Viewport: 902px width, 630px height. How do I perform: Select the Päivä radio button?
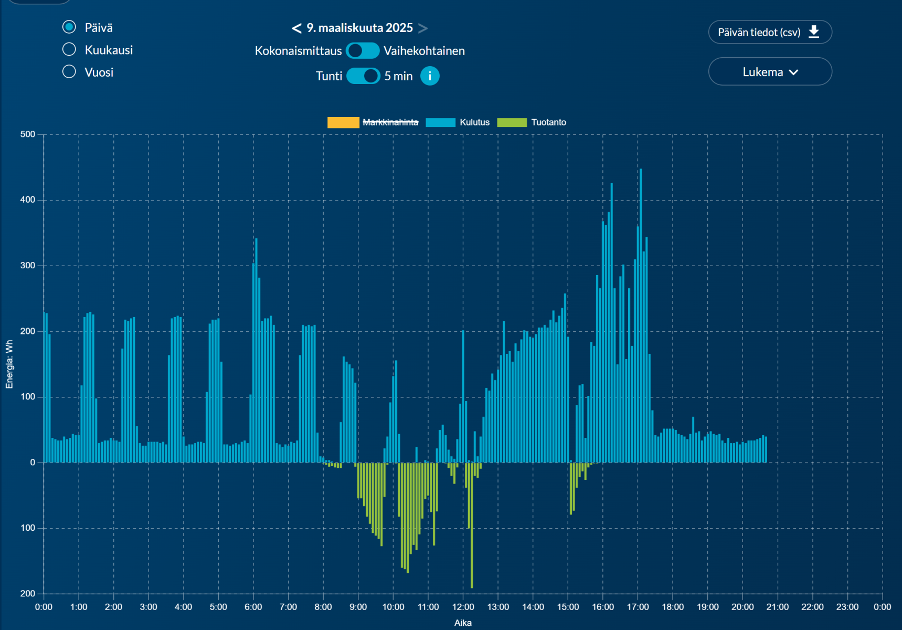(69, 27)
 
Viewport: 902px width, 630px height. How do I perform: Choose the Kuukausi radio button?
(69, 49)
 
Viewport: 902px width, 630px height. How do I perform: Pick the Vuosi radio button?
(69, 71)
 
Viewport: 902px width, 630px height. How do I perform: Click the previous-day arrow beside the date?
(296, 28)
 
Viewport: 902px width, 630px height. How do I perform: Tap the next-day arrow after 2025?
(423, 28)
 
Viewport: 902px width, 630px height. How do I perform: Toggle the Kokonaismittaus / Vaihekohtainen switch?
(363, 51)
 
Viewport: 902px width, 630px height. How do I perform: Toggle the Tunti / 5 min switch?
(363, 76)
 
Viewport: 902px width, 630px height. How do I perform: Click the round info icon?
(430, 76)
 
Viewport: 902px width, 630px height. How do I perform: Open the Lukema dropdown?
(770, 72)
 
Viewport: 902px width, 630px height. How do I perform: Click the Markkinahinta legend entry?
(390, 122)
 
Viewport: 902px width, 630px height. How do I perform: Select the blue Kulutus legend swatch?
(440, 122)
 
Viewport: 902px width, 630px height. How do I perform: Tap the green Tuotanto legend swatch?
(512, 122)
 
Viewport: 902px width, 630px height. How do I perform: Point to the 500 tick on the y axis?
(28, 134)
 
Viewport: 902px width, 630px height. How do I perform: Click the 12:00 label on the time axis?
(463, 607)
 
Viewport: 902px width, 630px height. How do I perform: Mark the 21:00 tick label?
(777, 607)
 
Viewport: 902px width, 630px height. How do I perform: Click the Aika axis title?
(463, 623)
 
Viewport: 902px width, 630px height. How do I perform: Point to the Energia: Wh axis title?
(9, 364)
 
